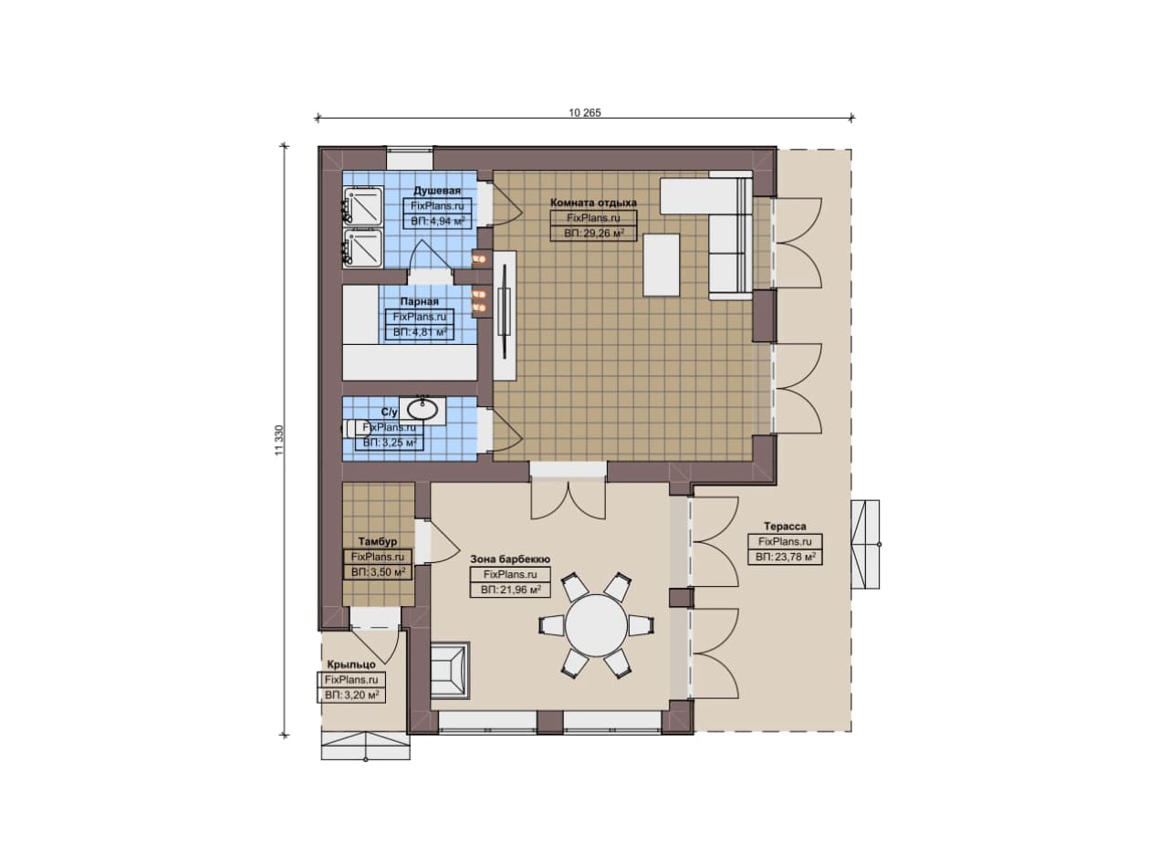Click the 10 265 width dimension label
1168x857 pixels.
(585, 112)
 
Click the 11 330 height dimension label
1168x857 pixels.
(279, 440)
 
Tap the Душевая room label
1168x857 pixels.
(437, 191)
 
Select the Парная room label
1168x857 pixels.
(419, 301)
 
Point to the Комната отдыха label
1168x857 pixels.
(593, 203)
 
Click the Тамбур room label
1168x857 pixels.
(378, 541)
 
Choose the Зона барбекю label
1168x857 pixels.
(510, 559)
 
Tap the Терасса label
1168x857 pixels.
(785, 527)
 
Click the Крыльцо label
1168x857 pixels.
(351, 664)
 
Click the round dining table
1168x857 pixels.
(596, 624)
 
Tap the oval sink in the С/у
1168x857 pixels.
(422, 410)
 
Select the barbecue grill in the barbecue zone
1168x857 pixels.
(450, 670)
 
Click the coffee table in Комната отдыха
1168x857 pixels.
(662, 265)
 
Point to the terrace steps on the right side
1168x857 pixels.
(865, 545)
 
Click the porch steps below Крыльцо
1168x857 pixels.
(366, 747)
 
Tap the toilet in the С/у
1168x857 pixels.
(356, 429)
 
